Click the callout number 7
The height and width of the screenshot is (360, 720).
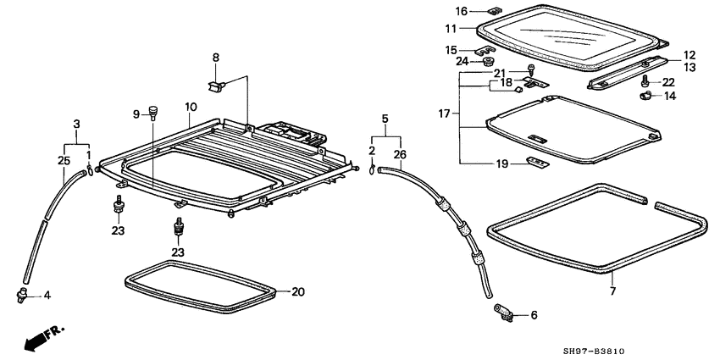coord(612,291)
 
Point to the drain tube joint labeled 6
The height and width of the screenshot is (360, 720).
coord(506,315)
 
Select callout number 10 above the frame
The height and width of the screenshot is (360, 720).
coord(191,108)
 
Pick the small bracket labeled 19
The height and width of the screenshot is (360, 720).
coord(535,162)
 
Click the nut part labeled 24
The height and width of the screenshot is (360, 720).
coord(489,62)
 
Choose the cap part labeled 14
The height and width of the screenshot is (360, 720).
coord(645,97)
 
